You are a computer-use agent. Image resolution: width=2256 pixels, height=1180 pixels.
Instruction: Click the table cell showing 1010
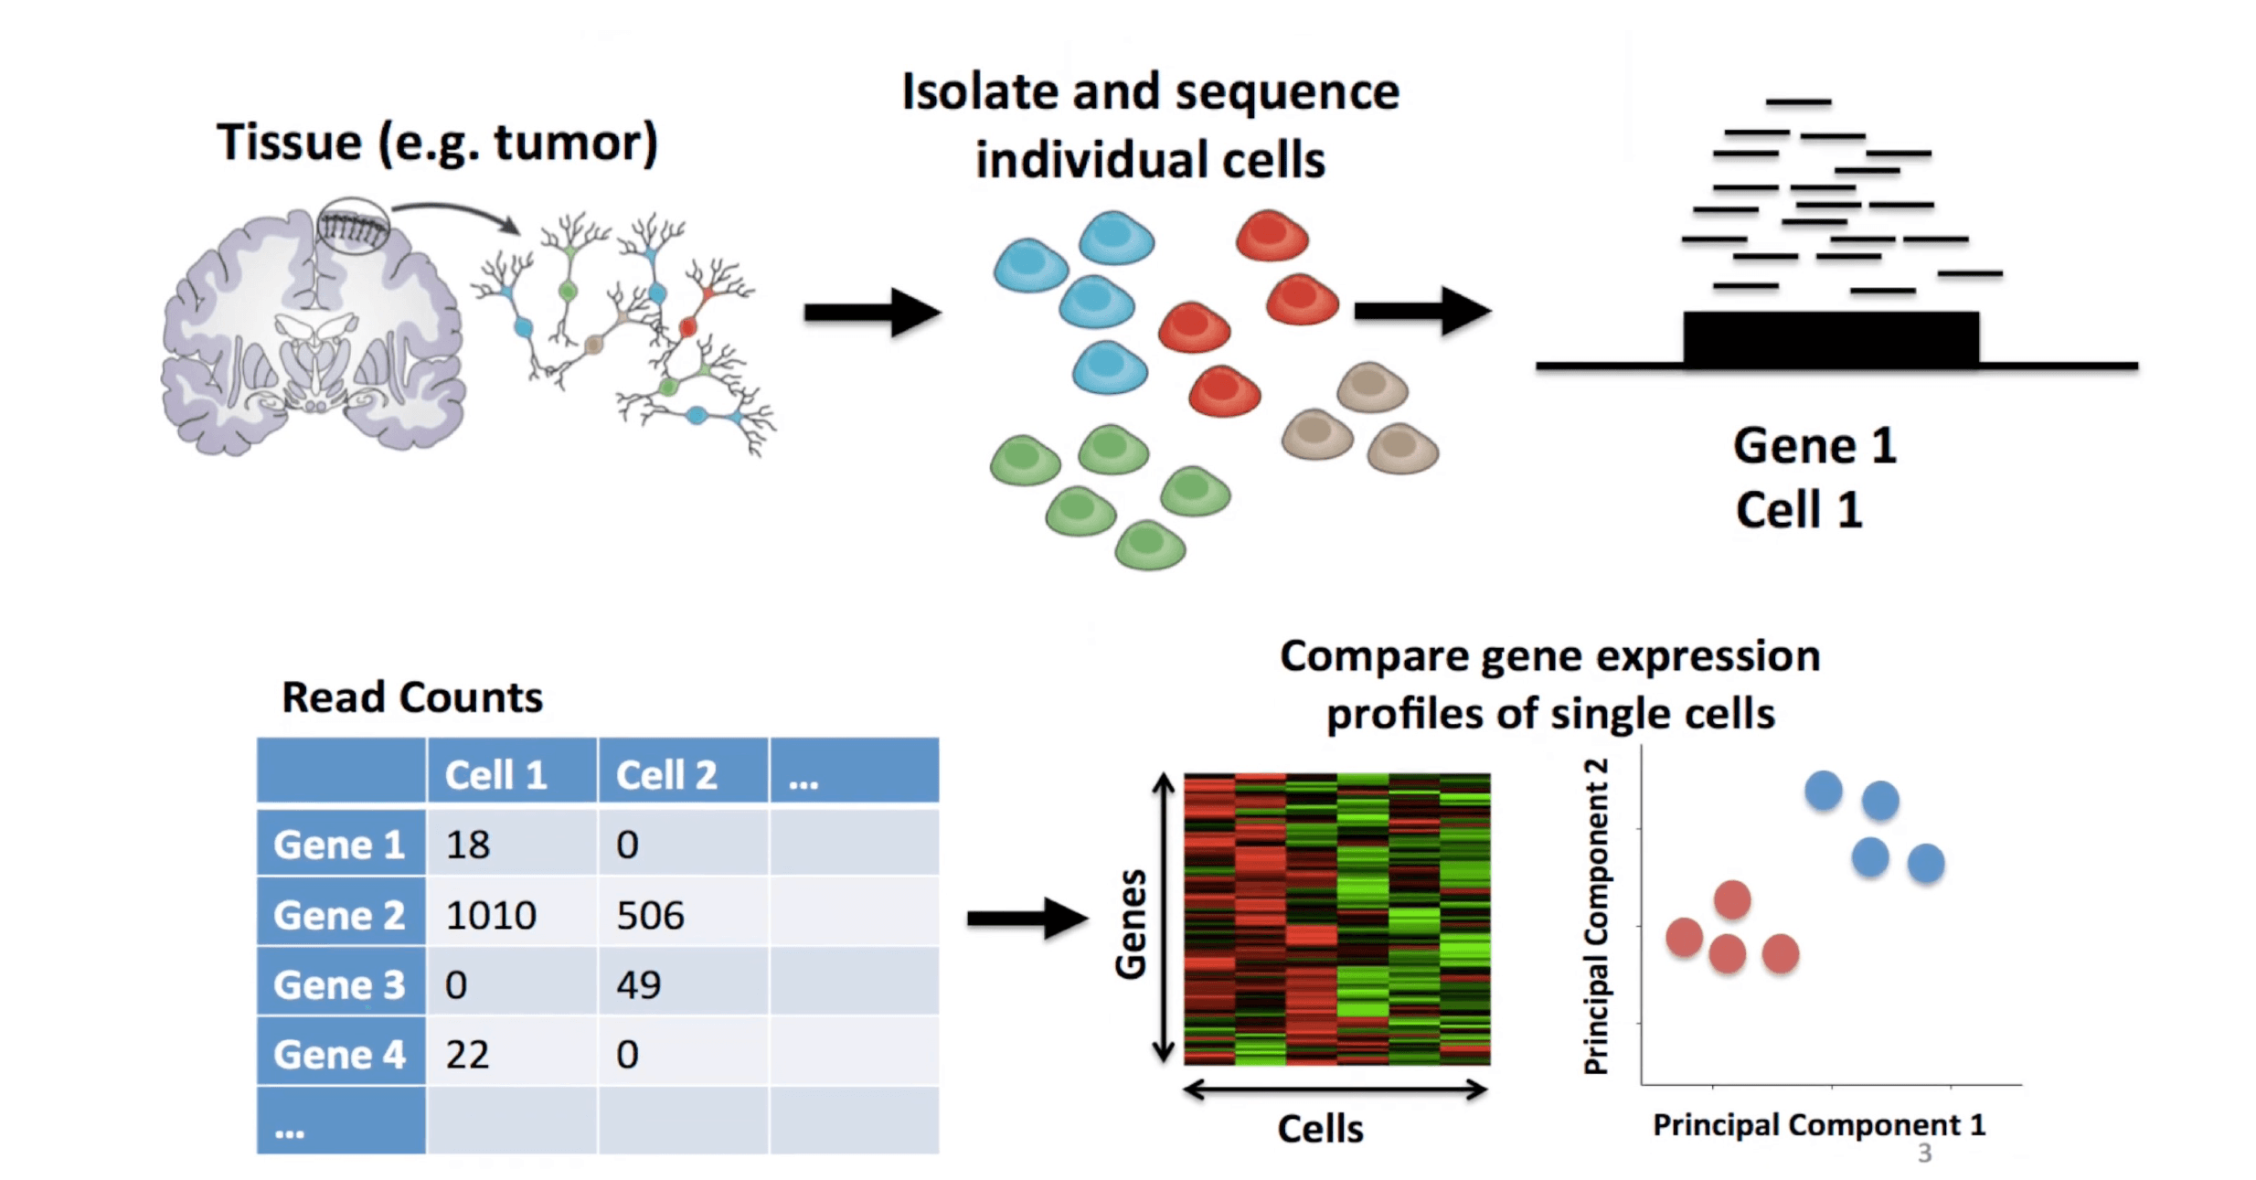[x=511, y=914]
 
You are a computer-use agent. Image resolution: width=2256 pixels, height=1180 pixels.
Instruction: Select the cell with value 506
[x=682, y=914]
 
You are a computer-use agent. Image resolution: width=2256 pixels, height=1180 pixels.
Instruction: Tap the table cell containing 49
[x=682, y=983]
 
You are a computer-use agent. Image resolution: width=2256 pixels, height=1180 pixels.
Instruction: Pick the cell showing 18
[x=511, y=844]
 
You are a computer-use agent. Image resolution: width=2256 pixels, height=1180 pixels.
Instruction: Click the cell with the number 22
[x=511, y=1053]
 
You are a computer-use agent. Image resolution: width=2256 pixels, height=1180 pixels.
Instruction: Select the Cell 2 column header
[x=682, y=773]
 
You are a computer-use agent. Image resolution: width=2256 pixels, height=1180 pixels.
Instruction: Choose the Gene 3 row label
[x=340, y=983]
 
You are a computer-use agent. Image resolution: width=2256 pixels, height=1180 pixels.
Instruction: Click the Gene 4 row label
[x=340, y=1053]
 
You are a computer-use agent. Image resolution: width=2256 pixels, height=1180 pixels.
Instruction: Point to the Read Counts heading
[x=412, y=697]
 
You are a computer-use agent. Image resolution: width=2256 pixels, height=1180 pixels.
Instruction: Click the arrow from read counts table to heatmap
[x=1027, y=918]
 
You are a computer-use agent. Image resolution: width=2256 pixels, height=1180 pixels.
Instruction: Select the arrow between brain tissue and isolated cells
[x=872, y=313]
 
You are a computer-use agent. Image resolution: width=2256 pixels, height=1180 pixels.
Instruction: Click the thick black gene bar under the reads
[x=1831, y=339]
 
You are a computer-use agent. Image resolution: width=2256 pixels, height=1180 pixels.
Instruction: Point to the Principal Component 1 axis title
[x=1819, y=1124]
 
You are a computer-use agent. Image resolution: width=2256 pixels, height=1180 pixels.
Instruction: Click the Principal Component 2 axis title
[x=1595, y=916]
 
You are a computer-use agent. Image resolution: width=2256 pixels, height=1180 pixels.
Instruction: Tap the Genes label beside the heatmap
[x=1131, y=923]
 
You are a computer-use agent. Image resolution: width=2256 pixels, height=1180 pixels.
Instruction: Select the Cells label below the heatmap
[x=1320, y=1129]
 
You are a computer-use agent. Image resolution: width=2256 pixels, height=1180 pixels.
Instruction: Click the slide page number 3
[x=1924, y=1153]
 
